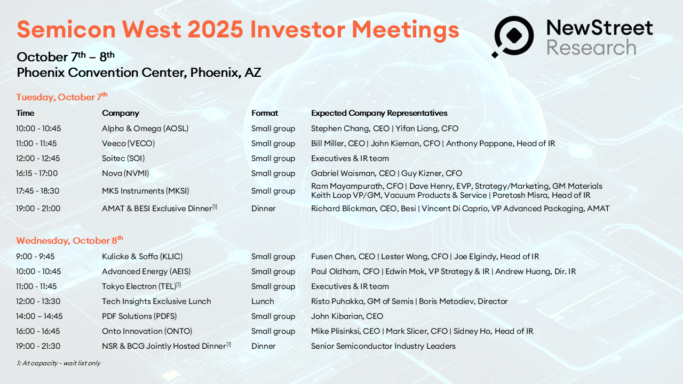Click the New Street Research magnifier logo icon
click(513, 36)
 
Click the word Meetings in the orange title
click(405, 30)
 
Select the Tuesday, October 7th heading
click(62, 97)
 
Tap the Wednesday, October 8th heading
click(69, 240)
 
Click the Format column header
click(265, 113)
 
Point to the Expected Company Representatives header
click(379, 113)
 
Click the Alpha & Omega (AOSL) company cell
click(145, 129)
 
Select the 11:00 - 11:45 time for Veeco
click(36, 143)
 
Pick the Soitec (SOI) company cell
click(123, 158)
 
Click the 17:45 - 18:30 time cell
click(37, 191)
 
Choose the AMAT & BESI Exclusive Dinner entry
click(159, 209)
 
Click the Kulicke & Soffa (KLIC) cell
click(142, 257)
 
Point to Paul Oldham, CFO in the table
click(345, 271)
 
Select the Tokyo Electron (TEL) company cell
click(141, 286)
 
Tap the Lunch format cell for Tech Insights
click(263, 301)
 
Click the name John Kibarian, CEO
click(347, 316)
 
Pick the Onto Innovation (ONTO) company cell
click(147, 331)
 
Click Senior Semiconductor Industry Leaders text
click(383, 346)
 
